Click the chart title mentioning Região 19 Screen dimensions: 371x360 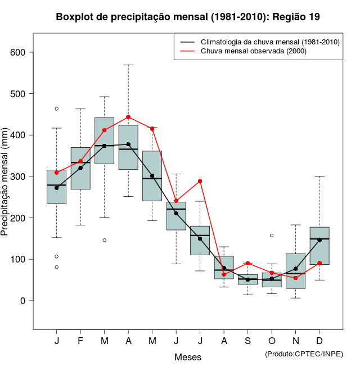tap(188, 17)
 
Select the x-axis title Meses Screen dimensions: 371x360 tap(188, 357)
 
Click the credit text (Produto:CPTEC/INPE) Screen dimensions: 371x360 tap(304, 353)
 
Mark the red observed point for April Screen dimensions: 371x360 tap(128, 117)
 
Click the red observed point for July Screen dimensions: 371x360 tap(200, 181)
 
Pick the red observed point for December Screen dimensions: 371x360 tap(319, 263)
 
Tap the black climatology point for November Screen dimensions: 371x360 tap(295, 269)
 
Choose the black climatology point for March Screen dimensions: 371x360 tap(104, 146)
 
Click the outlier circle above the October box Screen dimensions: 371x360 tap(272, 236)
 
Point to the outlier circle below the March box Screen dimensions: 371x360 tap(104, 240)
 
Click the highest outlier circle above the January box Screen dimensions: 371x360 tap(56, 108)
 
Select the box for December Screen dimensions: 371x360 tap(319, 246)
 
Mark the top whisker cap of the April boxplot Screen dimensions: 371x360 tap(128, 65)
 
